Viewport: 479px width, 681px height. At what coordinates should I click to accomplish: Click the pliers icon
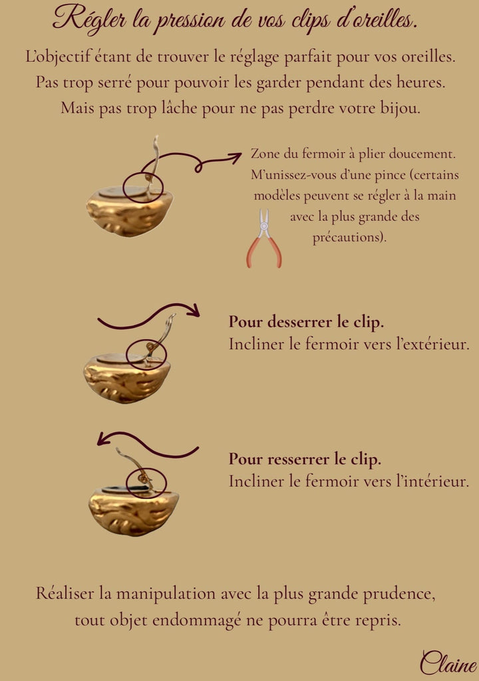264,239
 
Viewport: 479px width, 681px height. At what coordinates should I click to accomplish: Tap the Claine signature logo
448,663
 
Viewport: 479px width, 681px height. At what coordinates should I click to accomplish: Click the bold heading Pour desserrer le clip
307,323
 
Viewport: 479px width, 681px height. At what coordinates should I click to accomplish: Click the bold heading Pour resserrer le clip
305,460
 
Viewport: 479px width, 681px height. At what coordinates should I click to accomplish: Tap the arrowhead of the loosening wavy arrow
194,310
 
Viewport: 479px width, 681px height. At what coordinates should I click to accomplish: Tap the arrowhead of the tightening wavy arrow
102,439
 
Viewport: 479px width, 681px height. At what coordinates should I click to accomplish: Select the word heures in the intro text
420,82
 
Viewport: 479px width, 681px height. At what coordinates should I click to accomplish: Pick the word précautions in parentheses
349,237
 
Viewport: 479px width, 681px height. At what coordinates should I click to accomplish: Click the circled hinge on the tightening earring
146,483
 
